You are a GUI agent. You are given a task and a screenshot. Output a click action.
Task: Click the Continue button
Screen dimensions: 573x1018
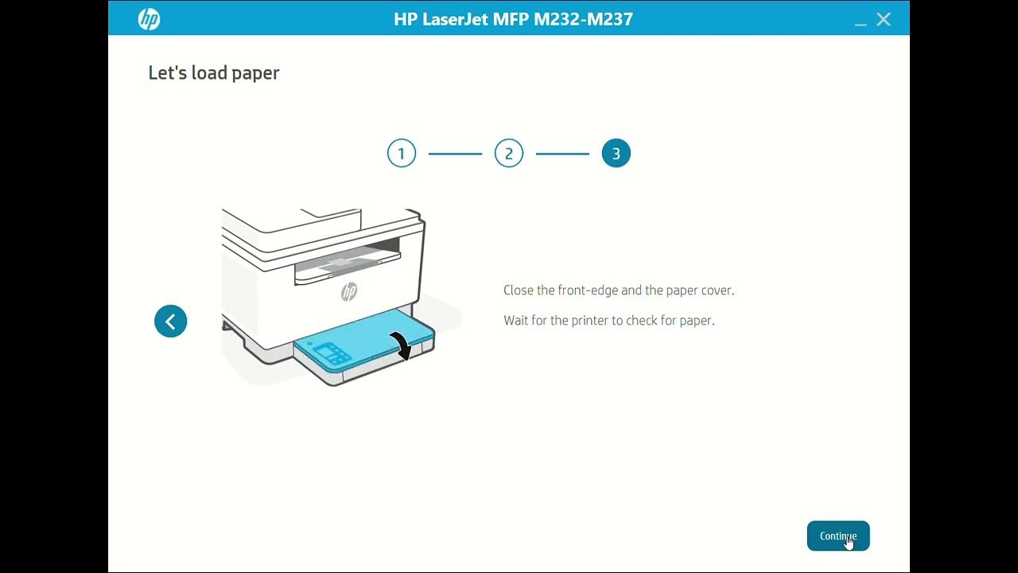[x=837, y=536]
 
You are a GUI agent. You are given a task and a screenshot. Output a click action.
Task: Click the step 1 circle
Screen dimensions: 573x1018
[x=402, y=154]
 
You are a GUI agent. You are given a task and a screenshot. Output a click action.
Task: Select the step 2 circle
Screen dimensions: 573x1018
[x=509, y=154]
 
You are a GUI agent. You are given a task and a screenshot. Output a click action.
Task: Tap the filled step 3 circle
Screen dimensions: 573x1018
[x=616, y=154]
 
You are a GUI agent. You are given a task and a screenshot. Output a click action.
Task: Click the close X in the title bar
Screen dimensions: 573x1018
[x=884, y=20]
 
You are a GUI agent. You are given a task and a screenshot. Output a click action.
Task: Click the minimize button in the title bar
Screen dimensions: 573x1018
[x=861, y=21]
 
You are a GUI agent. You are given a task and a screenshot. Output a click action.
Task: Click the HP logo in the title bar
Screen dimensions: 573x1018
[x=149, y=19]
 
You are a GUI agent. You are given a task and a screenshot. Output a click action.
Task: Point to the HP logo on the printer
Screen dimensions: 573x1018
[x=349, y=292]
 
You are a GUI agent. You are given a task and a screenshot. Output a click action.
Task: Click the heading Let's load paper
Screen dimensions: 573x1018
[x=214, y=73]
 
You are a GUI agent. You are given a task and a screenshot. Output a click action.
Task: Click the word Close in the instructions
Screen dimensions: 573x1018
[x=519, y=290]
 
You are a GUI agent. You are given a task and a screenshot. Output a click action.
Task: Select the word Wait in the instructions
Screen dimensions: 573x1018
[x=516, y=321]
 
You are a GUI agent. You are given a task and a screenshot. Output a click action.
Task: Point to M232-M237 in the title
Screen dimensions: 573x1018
[x=584, y=19]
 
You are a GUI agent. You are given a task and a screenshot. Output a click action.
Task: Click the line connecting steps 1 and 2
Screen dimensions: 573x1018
[x=455, y=154]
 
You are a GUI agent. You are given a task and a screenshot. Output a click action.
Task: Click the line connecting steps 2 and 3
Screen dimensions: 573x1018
[x=562, y=154]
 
